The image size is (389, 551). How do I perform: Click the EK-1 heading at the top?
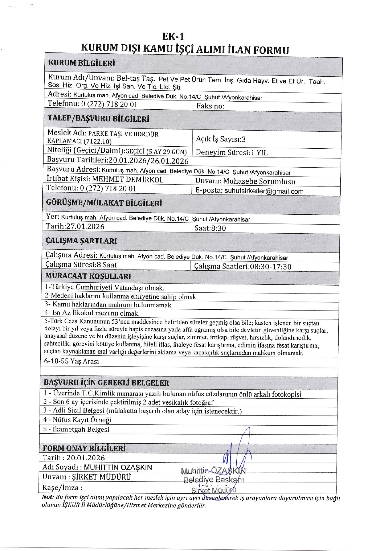[x=173, y=37]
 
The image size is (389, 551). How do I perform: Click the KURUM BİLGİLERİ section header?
[x=82, y=63]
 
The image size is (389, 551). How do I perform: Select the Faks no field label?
[x=210, y=106]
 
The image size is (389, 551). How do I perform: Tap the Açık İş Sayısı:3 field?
[x=221, y=139]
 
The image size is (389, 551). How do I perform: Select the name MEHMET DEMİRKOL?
[x=128, y=180]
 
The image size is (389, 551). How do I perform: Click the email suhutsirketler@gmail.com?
[x=264, y=191]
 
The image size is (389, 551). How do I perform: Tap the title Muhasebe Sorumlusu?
[x=259, y=181]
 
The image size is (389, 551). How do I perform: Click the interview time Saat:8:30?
[x=210, y=228]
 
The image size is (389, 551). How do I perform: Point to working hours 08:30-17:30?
[x=270, y=267]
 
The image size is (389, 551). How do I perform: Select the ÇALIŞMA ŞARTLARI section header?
[x=81, y=241]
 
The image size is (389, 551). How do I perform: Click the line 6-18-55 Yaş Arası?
[x=71, y=361]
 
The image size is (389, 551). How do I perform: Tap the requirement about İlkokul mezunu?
[x=92, y=313]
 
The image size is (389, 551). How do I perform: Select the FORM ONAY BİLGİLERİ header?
[x=84, y=448]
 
